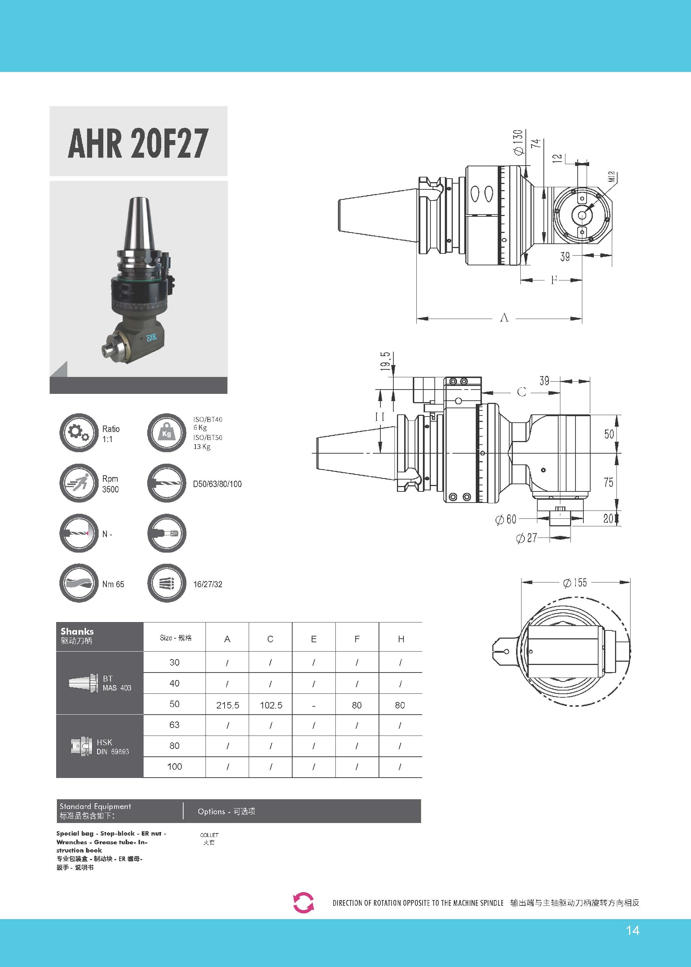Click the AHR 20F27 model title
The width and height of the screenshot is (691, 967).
click(x=138, y=143)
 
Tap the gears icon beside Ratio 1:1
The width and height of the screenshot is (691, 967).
click(x=79, y=432)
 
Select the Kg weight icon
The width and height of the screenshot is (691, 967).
click(x=166, y=432)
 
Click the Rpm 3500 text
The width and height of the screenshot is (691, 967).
click(x=110, y=484)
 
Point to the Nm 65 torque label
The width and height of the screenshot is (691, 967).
click(x=113, y=584)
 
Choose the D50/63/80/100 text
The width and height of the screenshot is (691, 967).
click(x=217, y=484)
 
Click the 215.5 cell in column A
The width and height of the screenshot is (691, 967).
click(x=228, y=705)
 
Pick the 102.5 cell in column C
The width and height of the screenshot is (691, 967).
click(x=271, y=705)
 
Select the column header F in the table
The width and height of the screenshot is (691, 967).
click(x=357, y=639)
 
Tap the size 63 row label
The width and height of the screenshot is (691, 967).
click(x=175, y=725)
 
